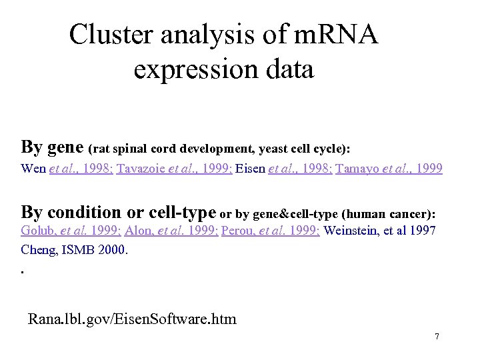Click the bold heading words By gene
(x=53, y=146)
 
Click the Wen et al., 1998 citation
(x=67, y=169)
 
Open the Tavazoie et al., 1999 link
(x=174, y=169)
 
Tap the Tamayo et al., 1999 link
(x=389, y=169)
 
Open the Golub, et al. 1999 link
(x=70, y=231)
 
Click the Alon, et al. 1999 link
(x=169, y=231)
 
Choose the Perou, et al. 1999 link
(x=270, y=231)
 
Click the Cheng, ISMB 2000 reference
(x=74, y=251)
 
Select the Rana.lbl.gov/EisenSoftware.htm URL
(x=132, y=319)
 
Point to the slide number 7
(x=437, y=337)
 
